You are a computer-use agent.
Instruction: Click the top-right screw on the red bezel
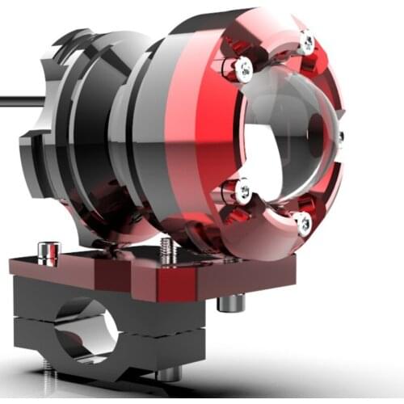click(x=306, y=42)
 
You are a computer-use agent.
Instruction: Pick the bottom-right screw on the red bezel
click(x=304, y=224)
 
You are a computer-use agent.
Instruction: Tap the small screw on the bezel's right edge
click(x=340, y=137)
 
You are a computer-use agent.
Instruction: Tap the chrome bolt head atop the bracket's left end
click(x=47, y=252)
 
